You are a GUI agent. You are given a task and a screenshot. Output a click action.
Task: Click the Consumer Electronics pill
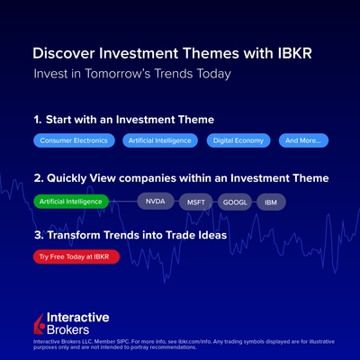point(74,140)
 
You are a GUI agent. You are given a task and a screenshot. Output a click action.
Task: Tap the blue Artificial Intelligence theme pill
point(160,140)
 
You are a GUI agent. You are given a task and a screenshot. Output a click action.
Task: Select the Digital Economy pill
point(238,140)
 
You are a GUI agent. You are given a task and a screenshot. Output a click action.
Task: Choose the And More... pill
point(303,140)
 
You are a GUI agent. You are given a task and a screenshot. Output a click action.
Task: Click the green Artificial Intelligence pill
point(71,202)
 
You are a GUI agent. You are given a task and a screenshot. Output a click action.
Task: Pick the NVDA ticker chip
point(156,201)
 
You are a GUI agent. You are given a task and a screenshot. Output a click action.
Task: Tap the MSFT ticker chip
point(196,202)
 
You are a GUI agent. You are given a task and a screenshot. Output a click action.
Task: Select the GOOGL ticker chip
point(235,202)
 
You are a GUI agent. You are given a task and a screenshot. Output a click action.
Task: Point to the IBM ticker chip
point(271,202)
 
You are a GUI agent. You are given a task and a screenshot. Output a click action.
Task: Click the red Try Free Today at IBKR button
point(76,256)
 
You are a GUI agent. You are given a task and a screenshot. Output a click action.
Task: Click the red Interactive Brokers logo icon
point(40,324)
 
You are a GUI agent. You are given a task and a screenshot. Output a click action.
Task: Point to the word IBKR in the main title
point(295,53)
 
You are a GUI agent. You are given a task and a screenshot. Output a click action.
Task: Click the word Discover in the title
point(64,53)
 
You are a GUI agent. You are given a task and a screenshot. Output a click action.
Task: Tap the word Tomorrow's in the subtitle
point(118,74)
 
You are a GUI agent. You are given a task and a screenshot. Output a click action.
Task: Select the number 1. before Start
point(38,120)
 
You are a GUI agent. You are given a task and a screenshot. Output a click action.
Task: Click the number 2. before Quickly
point(39,178)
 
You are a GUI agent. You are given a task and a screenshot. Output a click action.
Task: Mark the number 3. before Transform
point(39,235)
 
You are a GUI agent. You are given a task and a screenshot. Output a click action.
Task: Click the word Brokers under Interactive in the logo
point(68,329)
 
